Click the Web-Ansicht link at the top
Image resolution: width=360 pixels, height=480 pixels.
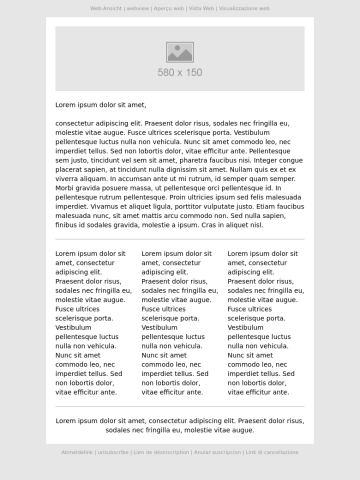pos(105,7)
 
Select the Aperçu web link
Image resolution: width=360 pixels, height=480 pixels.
pos(169,7)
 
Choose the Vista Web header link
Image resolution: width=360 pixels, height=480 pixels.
pos(201,7)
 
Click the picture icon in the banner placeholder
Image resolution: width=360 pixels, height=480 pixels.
pos(180,53)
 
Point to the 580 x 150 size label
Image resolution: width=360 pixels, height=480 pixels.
pos(180,72)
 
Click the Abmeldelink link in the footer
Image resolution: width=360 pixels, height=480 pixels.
pos(78,452)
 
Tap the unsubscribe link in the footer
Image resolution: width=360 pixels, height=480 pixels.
pos(113,452)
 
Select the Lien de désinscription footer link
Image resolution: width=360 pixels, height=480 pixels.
pos(161,452)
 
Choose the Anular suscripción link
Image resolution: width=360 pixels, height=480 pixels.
pos(217,452)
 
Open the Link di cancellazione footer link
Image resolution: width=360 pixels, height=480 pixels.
pos(272,452)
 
